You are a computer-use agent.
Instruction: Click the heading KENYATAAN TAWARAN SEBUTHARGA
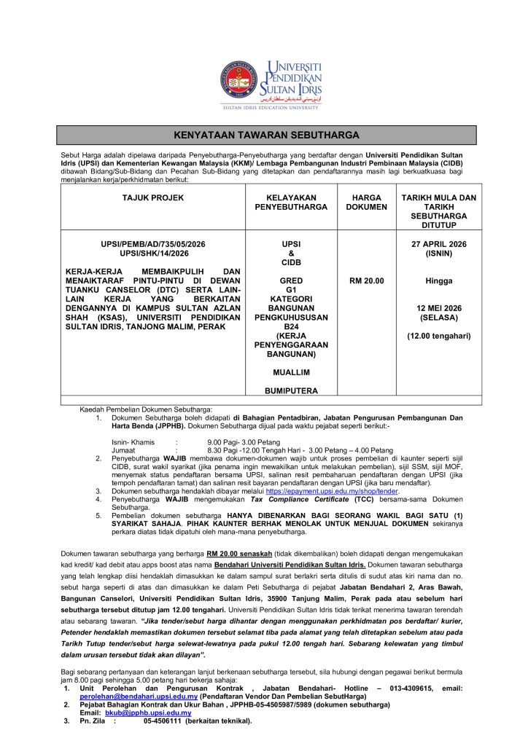(x=267, y=135)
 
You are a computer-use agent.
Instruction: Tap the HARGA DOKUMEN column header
(x=368, y=202)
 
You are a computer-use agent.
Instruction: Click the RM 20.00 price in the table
(x=368, y=280)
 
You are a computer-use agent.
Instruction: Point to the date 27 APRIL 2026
(x=438, y=244)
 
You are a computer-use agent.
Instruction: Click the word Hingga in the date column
(x=438, y=280)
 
